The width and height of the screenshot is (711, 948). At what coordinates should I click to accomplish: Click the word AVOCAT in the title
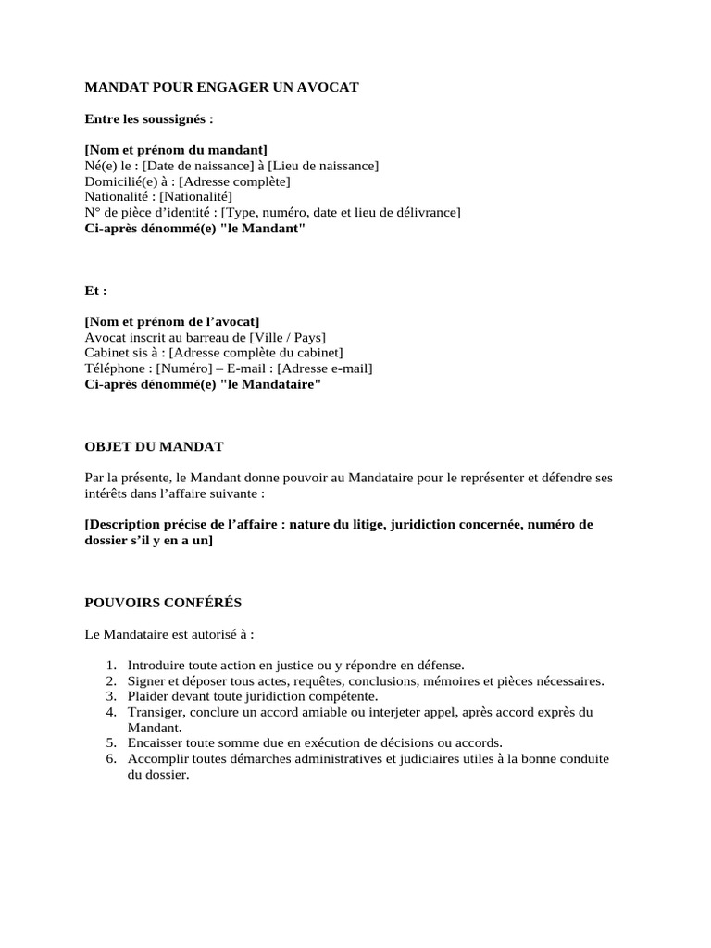(x=327, y=87)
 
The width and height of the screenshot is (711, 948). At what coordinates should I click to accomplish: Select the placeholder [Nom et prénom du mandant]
(x=176, y=150)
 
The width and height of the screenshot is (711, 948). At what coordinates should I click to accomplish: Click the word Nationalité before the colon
(x=118, y=197)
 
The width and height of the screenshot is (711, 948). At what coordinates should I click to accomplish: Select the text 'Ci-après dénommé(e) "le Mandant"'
(x=194, y=229)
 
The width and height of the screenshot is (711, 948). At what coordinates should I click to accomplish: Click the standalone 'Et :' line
(x=96, y=290)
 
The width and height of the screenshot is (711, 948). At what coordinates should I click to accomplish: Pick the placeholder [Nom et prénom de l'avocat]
(x=172, y=321)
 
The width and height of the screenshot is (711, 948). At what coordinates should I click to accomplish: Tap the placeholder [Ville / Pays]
(x=288, y=337)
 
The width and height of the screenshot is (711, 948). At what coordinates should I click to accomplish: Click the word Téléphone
(x=115, y=368)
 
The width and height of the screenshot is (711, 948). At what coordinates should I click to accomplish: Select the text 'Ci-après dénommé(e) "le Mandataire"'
(x=203, y=384)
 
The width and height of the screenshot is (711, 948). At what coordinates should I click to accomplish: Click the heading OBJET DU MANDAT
(x=155, y=446)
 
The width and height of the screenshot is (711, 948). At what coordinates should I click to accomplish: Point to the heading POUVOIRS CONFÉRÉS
(x=163, y=603)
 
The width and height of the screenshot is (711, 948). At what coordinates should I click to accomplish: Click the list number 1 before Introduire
(x=110, y=665)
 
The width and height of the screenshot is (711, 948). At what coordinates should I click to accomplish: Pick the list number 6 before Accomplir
(x=110, y=759)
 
